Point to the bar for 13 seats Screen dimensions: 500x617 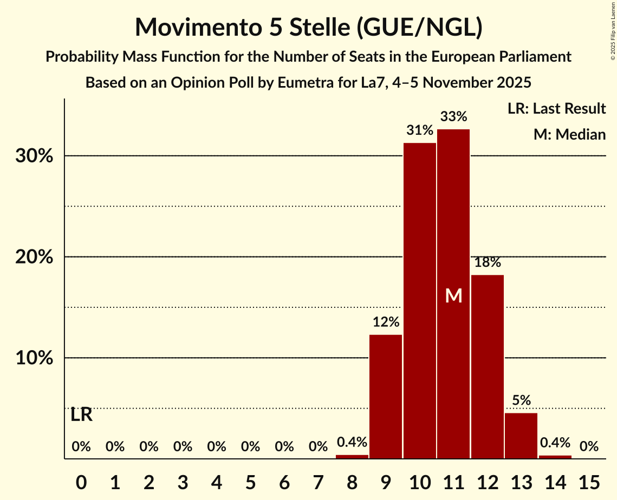[521, 436]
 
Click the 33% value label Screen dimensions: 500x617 [453, 116]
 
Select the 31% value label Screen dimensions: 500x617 [420, 130]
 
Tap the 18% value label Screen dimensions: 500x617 [488, 262]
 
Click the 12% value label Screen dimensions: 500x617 [386, 323]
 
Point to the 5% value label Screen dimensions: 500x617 [521, 400]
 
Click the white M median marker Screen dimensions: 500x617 [453, 295]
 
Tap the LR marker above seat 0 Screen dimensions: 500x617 [81, 415]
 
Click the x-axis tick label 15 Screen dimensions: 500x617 [589, 481]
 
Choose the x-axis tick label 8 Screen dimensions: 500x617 [352, 481]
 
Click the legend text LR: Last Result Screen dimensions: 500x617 [557, 109]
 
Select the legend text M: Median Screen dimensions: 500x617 [569, 134]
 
